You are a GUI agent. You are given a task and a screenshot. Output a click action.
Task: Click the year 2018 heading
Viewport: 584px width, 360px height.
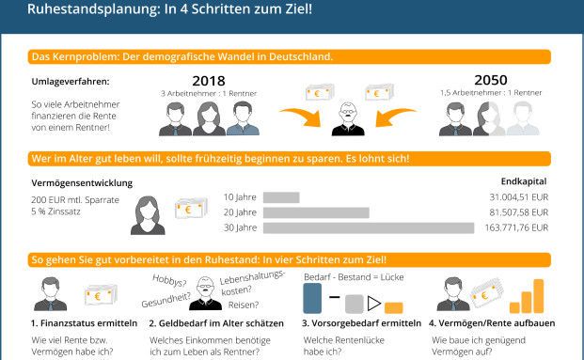coord(209,80)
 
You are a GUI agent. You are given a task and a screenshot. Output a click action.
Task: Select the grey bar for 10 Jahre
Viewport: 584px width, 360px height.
coord(281,197)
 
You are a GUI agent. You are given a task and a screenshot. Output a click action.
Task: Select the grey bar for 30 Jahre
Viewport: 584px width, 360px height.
coord(369,227)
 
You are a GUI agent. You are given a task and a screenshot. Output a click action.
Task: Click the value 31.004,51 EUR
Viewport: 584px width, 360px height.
coord(519,197)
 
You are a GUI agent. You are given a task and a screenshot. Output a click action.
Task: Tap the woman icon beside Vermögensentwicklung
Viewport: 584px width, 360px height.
coord(149,216)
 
